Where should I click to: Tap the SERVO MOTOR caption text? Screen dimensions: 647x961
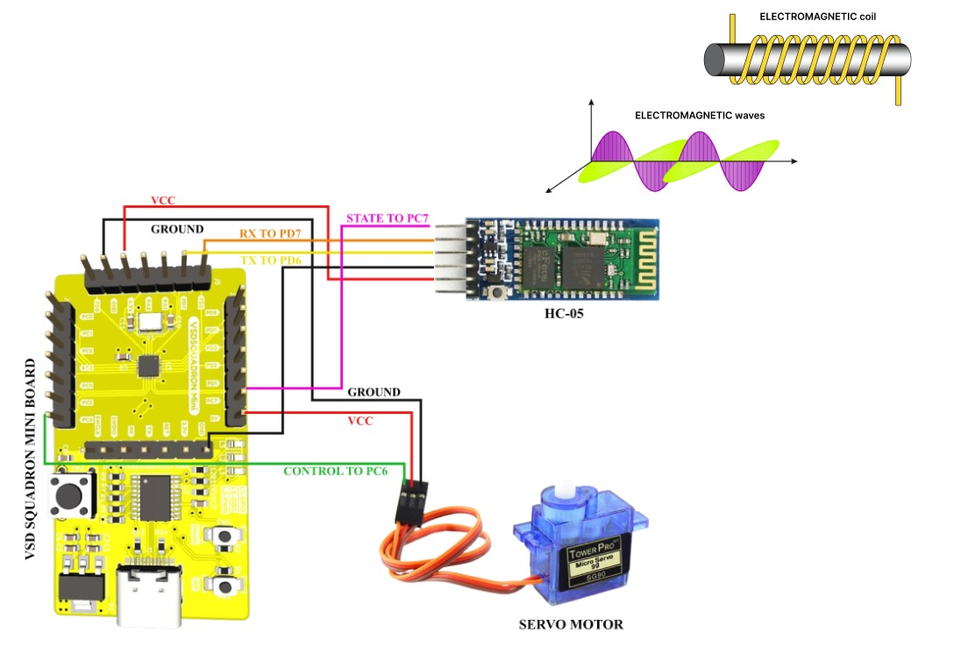[x=570, y=624]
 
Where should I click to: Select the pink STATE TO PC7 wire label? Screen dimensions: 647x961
[x=388, y=217]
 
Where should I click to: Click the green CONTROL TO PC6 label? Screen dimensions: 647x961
[x=335, y=472]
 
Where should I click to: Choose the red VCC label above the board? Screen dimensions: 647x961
[x=163, y=201]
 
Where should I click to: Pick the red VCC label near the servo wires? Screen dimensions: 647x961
[x=360, y=422]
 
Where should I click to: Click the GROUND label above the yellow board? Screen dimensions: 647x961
[x=178, y=228]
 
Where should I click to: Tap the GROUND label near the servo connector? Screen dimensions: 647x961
[x=374, y=392]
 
